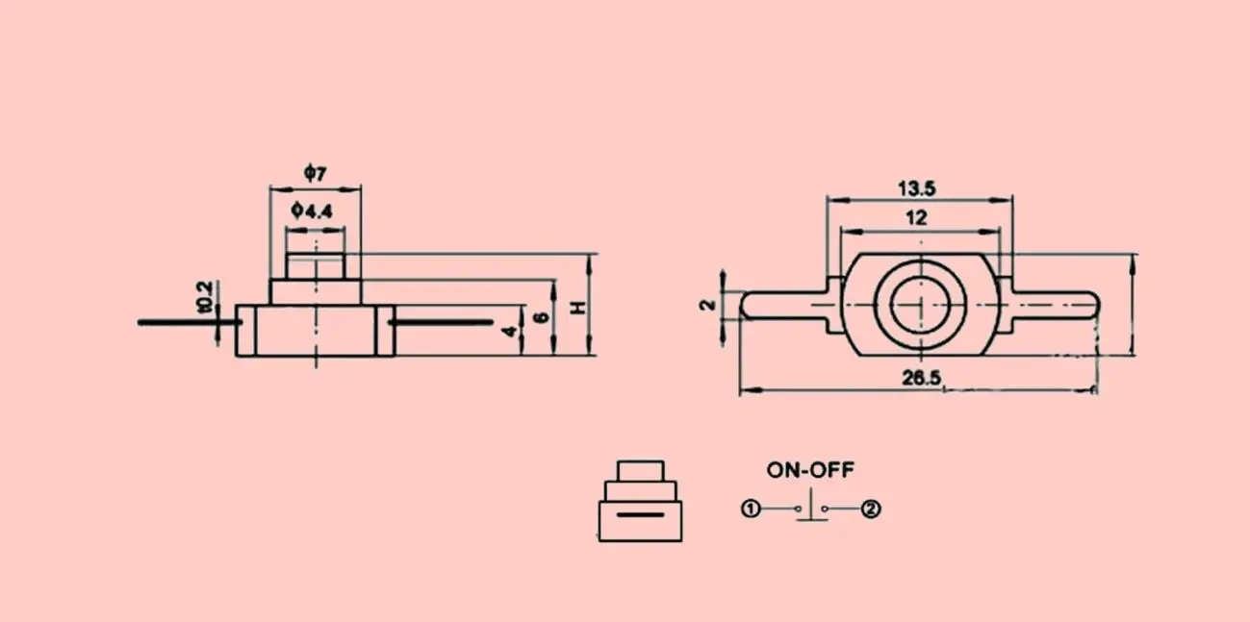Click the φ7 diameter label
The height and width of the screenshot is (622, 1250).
coord(316,173)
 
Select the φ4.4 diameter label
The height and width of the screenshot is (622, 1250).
coord(312,211)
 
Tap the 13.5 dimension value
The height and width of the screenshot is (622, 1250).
coord(917,188)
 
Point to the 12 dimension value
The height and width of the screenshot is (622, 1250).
coord(916,217)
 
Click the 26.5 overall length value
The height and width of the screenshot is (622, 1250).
coord(922,378)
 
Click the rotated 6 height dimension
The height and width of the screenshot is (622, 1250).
coord(542,317)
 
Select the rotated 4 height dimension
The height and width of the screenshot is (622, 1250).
coord(509,332)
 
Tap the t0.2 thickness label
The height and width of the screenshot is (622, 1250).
coord(204,297)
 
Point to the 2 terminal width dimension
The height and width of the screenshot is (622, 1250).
coord(707,305)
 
